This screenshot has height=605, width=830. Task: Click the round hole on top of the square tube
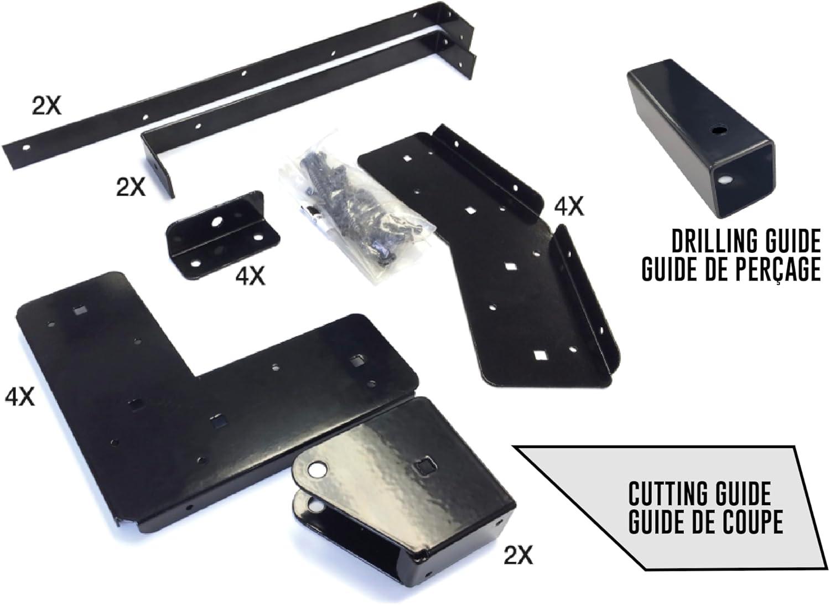pyautogui.click(x=719, y=131)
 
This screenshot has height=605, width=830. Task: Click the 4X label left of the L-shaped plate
pyautogui.click(x=20, y=397)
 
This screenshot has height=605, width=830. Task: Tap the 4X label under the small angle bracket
pyautogui.click(x=250, y=275)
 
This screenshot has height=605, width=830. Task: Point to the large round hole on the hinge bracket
pyautogui.click(x=316, y=470)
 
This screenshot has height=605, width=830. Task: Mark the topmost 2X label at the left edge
pyautogui.click(x=46, y=105)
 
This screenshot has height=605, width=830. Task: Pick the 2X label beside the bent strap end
pyautogui.click(x=131, y=187)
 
